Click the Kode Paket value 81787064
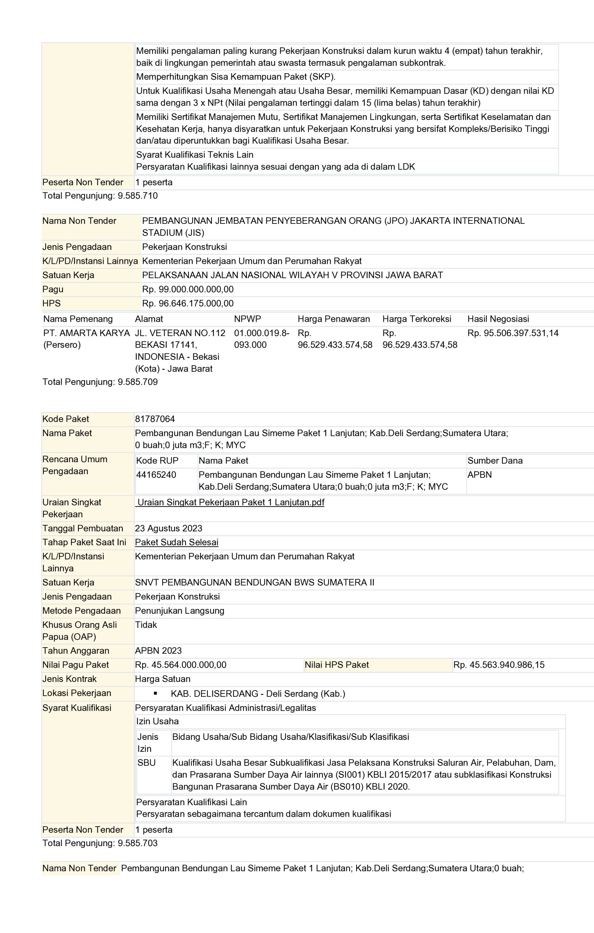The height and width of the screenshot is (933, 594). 155,419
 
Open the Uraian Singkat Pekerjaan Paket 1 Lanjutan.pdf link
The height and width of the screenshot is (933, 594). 231,502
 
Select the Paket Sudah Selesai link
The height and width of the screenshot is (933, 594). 176,542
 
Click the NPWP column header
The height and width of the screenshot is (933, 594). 247,319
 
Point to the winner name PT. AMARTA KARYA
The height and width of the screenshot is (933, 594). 86,333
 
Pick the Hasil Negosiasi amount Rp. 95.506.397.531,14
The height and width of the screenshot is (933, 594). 513,333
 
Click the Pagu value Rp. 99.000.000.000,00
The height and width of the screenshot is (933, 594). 188,289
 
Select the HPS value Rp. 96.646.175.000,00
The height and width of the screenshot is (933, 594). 188,303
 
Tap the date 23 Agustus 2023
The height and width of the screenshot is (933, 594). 168,528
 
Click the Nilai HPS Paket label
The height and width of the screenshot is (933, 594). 337,664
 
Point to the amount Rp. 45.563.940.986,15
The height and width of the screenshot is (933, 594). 498,664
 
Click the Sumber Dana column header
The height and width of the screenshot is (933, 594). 495,460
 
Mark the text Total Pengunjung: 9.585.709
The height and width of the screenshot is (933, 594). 100,382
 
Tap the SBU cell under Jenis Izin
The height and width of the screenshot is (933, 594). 146,762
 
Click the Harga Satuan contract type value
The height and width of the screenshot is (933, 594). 163,679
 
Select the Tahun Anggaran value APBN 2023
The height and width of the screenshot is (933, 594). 158,651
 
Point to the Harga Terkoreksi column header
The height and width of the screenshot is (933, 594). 417,319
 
